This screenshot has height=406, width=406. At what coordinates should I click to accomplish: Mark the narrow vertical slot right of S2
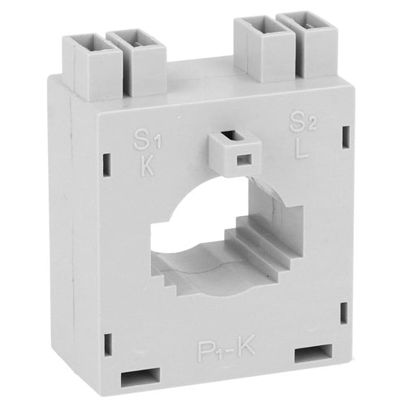coord(345,133)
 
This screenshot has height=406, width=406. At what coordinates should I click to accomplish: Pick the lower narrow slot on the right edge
coord(344,311)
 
